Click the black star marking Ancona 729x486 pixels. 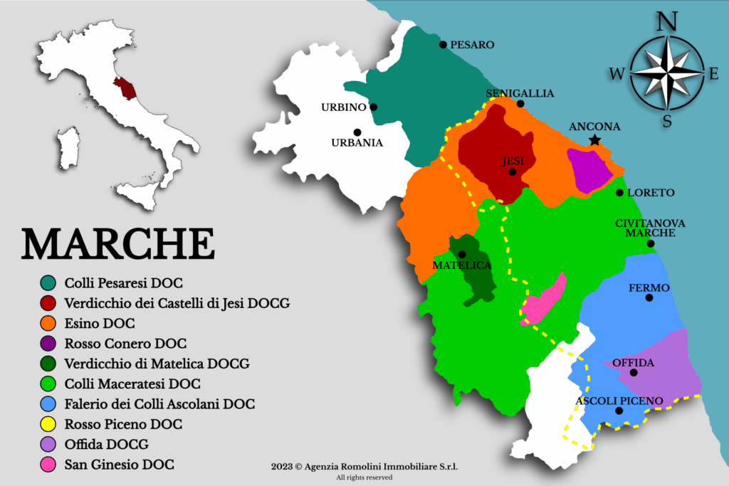(x=594, y=141)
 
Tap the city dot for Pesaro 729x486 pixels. (x=443, y=45)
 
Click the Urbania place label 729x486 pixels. (x=357, y=142)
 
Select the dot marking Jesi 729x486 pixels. (x=512, y=171)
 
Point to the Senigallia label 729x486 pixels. (x=520, y=93)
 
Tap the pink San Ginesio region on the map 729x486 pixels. (x=545, y=299)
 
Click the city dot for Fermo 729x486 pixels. (x=649, y=297)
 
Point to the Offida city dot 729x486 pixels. (x=634, y=372)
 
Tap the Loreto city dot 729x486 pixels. (x=619, y=193)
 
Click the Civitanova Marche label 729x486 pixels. (x=650, y=228)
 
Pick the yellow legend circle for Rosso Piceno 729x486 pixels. (x=48, y=425)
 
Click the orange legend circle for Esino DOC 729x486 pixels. (x=48, y=324)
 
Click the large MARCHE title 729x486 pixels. (x=118, y=244)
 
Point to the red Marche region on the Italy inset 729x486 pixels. (x=127, y=88)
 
